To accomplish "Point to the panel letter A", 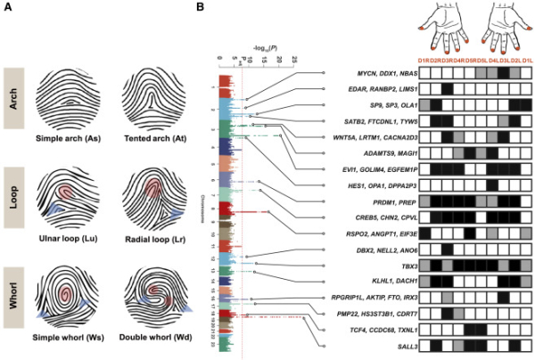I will pyautogui.click(x=7, y=7).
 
